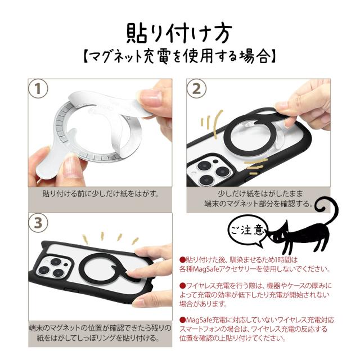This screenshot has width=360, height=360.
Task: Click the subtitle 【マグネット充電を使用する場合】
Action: (x=179, y=57)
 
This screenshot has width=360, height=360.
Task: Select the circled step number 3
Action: (x=39, y=223)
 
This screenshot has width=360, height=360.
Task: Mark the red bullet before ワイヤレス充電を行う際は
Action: (x=182, y=286)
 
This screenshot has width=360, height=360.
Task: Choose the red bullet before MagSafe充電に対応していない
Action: (x=182, y=319)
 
